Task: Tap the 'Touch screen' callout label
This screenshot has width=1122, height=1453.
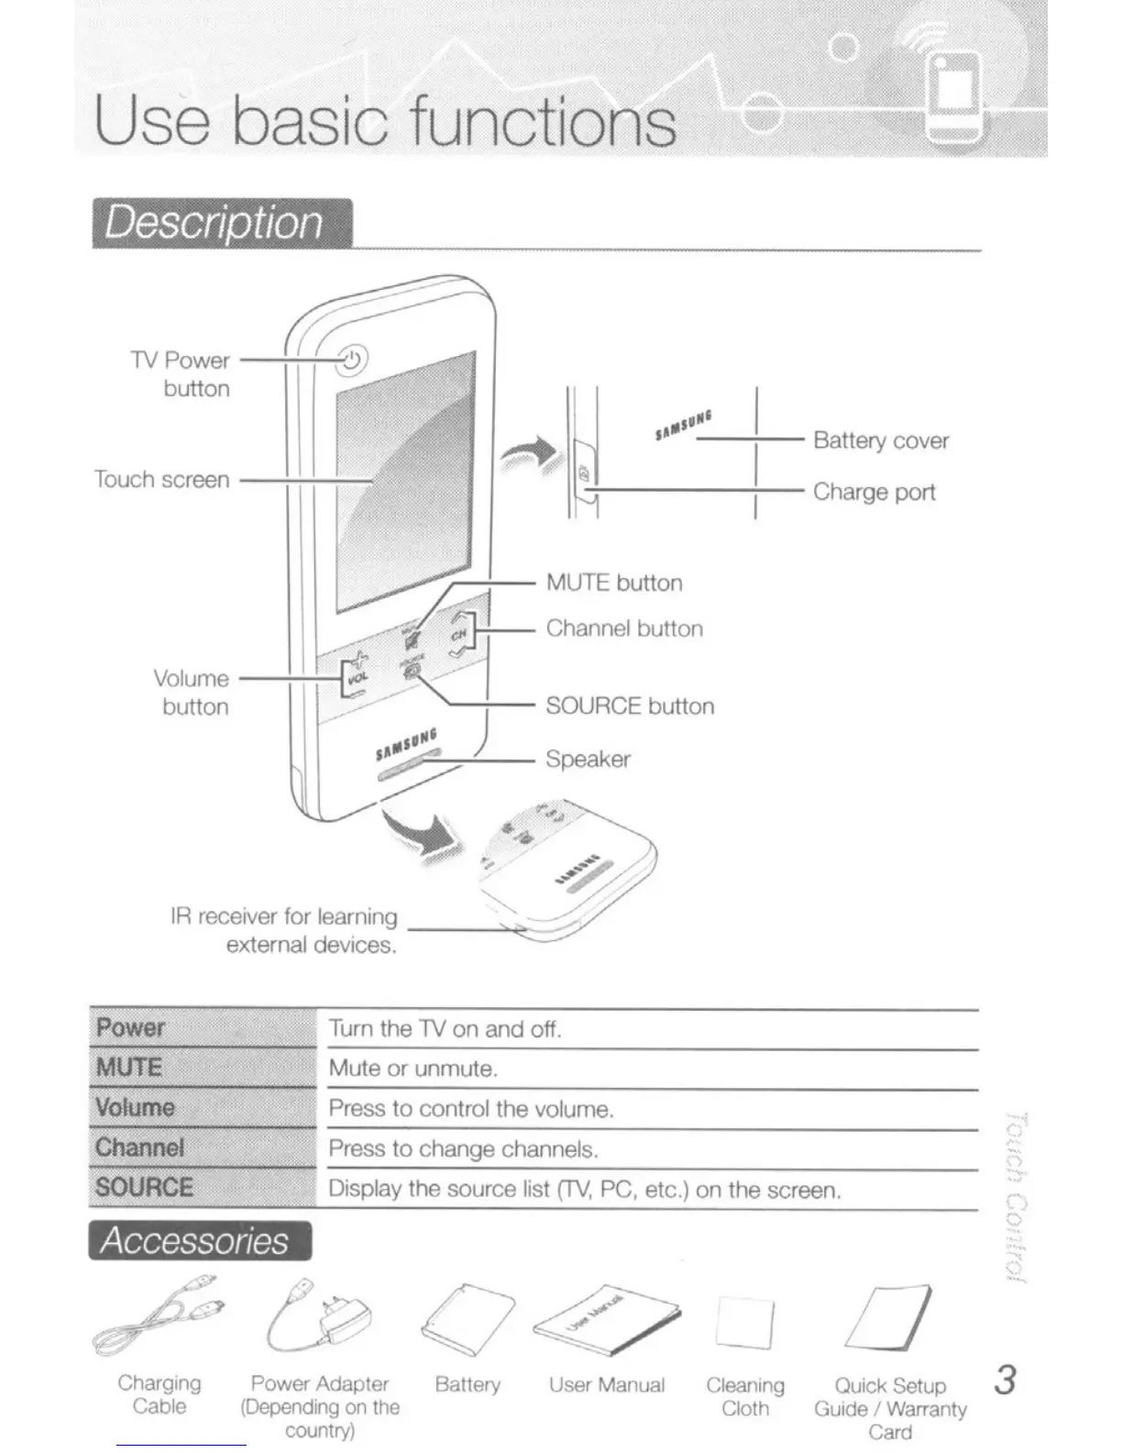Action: point(161,479)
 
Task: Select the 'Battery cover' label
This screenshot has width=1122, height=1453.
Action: point(880,440)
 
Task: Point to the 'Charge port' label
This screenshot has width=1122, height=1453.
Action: point(874,493)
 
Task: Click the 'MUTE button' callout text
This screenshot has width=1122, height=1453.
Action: point(613,582)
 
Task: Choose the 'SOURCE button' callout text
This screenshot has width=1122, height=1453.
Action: point(629,705)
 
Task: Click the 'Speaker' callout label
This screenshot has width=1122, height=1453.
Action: point(588,759)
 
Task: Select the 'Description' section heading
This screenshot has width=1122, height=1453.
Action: point(214,223)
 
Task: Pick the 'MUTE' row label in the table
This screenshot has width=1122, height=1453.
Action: point(129,1067)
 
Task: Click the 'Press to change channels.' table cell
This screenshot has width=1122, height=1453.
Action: point(463,1148)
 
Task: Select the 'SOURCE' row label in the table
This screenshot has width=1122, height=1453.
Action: point(144,1187)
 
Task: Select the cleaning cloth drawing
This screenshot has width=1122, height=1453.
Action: point(743,1322)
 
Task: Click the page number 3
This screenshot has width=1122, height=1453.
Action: point(1006,1380)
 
